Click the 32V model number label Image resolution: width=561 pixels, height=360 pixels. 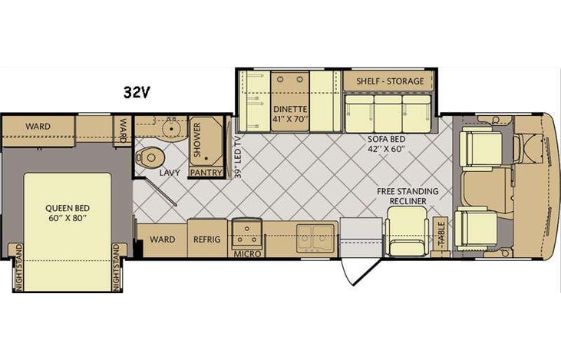pyautogui.click(x=137, y=92)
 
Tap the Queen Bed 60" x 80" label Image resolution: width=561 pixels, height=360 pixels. pyautogui.click(x=64, y=211)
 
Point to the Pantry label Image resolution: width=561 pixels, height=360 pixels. pyautogui.click(x=205, y=173)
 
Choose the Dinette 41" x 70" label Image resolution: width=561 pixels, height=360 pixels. pyautogui.click(x=289, y=114)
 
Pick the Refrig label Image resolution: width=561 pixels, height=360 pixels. pyautogui.click(x=206, y=239)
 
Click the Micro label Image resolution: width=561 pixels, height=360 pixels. pyautogui.click(x=247, y=253)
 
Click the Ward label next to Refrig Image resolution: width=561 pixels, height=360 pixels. pyautogui.click(x=162, y=239)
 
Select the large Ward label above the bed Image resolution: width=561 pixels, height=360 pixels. pyautogui.click(x=38, y=125)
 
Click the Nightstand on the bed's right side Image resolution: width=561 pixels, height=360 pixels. pyautogui.click(x=117, y=267)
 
